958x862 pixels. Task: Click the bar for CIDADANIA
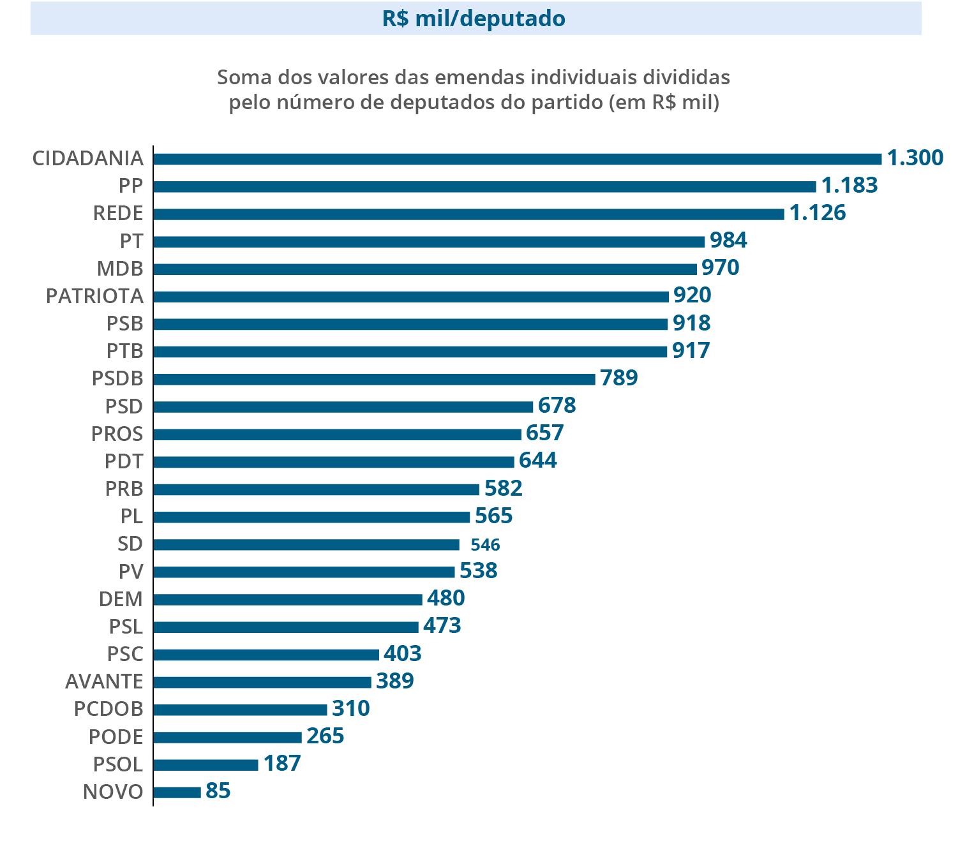click(517, 159)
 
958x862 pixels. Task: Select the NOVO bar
click(177, 792)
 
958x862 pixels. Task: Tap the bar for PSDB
click(374, 379)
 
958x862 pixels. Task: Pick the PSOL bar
click(206, 764)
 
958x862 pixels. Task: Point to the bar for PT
click(429, 242)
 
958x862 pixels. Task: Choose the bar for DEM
click(288, 599)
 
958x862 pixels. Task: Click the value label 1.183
click(849, 186)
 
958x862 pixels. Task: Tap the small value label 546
click(485, 545)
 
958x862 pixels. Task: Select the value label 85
click(218, 791)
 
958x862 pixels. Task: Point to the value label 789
click(618, 378)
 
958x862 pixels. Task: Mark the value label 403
click(402, 653)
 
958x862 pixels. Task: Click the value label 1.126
click(818, 213)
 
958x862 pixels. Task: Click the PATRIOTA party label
click(94, 296)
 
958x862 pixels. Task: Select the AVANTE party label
click(104, 681)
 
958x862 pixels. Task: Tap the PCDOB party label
click(109, 709)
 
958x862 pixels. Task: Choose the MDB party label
click(120, 269)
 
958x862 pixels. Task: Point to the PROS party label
click(117, 434)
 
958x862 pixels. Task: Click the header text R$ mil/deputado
click(474, 19)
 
